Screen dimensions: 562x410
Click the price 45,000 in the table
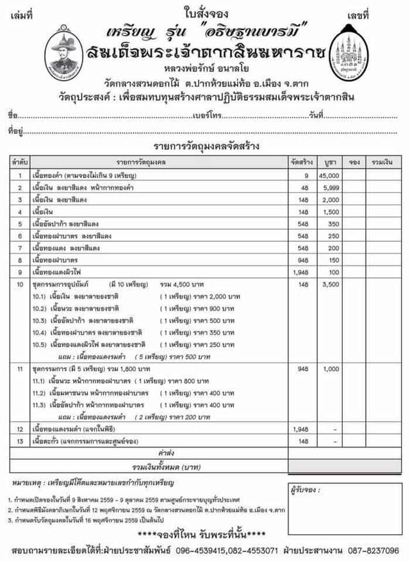pyautogui.click(x=329, y=175)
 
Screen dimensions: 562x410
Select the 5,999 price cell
pyautogui.click(x=329, y=188)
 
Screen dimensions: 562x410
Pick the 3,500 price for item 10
pyautogui.click(x=331, y=284)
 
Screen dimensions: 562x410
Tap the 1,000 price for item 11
pyautogui.click(x=331, y=369)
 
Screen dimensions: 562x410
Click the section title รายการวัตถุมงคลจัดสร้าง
pyautogui.click(x=203, y=147)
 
